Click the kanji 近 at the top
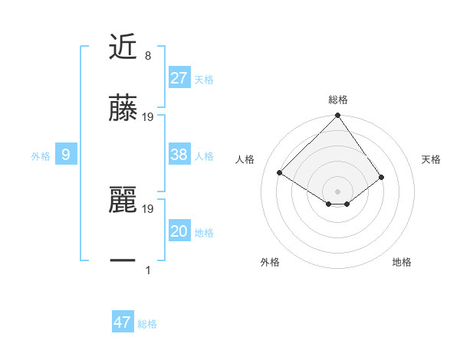click(123, 47)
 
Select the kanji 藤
click(123, 109)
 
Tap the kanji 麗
click(123, 201)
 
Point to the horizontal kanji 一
click(123, 260)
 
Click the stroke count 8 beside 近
click(147, 55)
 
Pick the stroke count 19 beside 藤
click(148, 117)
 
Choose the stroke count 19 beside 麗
click(148, 208)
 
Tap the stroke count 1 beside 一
click(147, 270)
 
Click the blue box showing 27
click(179, 78)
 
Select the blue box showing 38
click(179, 155)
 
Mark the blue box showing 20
click(179, 231)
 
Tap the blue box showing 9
click(66, 155)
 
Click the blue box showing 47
click(123, 322)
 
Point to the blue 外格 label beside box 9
click(41, 155)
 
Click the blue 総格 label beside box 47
click(147, 323)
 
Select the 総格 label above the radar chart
click(338, 100)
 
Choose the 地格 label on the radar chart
click(402, 262)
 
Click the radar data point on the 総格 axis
click(337, 116)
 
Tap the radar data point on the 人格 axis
click(280, 173)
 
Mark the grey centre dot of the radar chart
click(337, 191)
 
